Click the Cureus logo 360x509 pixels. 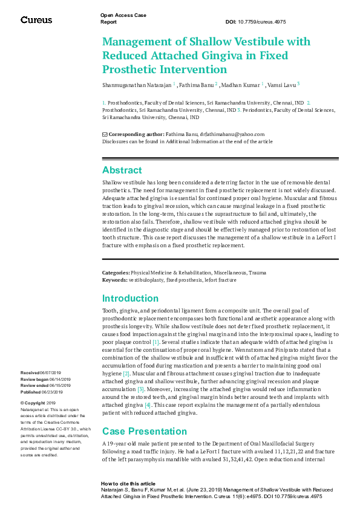(36, 20)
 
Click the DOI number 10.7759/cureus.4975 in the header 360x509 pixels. (264, 22)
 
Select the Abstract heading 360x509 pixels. (122, 170)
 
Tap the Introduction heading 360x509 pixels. (130, 299)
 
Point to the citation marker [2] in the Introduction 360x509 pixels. (126, 374)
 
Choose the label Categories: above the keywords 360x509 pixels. (116, 273)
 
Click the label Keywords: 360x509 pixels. (115, 280)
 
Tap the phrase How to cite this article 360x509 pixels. (128, 484)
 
